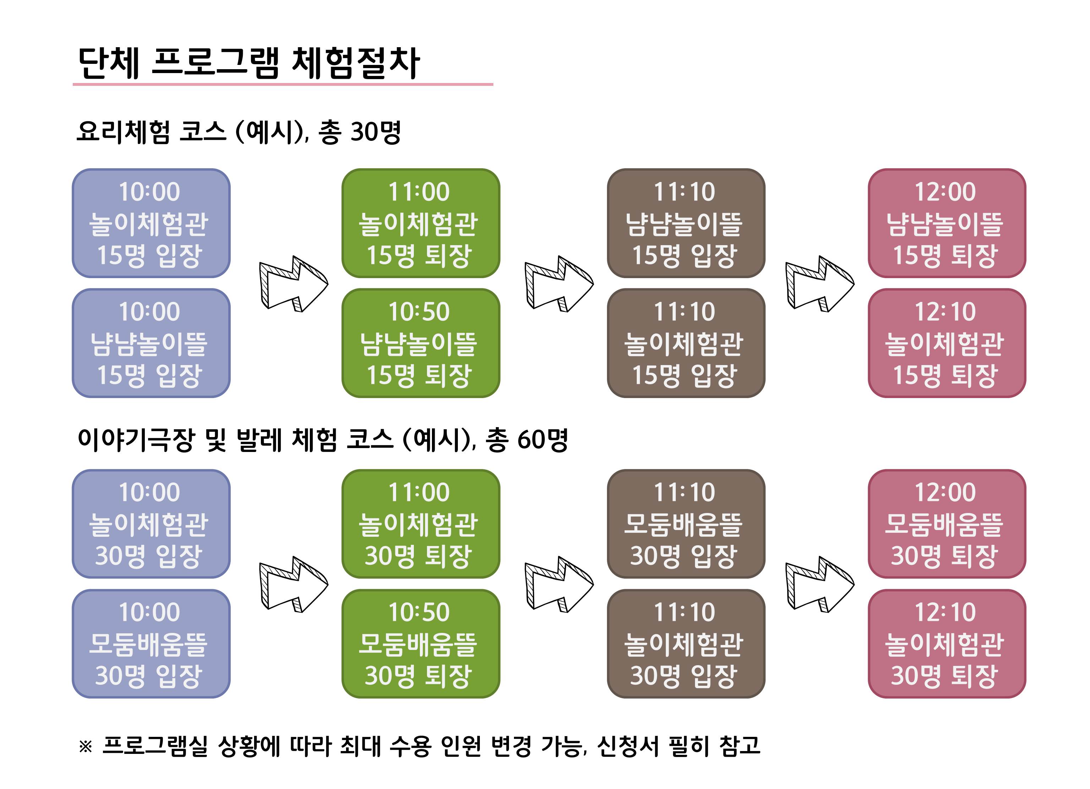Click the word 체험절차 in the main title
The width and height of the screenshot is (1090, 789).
(356, 63)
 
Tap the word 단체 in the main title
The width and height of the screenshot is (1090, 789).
(109, 63)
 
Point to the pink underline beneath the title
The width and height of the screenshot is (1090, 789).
(283, 84)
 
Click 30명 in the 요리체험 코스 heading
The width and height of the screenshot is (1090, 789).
(376, 132)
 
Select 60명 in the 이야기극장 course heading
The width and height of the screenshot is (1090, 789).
(543, 439)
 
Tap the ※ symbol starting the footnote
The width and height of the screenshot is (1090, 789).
(86, 746)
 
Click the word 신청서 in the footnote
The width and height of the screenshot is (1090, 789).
(628, 746)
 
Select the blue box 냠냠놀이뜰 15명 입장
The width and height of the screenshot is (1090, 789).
(151, 343)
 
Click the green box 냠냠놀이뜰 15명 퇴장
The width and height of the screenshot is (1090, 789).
(421, 343)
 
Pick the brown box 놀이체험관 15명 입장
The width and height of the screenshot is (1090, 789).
(686, 343)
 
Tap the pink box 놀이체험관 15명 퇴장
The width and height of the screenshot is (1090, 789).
(947, 343)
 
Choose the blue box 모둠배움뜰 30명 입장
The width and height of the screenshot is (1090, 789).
(151, 644)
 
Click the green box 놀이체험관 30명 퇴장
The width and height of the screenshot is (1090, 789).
(421, 524)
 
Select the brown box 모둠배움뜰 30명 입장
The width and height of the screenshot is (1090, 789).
(686, 524)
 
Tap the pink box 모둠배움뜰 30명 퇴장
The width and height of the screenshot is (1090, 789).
(947, 524)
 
